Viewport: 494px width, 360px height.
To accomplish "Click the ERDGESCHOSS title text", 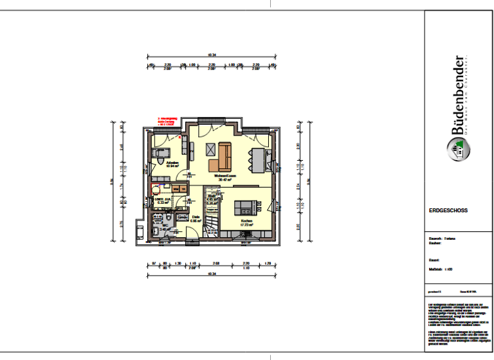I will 448,210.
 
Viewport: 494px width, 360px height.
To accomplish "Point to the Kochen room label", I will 246,222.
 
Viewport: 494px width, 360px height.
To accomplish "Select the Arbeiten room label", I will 172,163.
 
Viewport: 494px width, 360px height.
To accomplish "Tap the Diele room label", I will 196,217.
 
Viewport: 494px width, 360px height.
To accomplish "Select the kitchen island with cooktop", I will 246,206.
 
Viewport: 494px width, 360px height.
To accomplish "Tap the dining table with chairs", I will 259,158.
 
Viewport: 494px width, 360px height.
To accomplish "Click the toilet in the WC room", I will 156,230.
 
